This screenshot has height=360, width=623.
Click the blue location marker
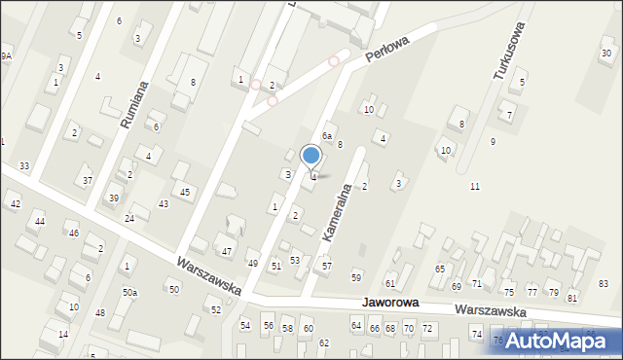(x=311, y=155)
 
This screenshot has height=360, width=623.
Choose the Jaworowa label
(x=390, y=304)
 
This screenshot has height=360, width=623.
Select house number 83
(x=604, y=283)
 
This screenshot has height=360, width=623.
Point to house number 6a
(x=328, y=136)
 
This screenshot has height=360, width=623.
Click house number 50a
(x=129, y=292)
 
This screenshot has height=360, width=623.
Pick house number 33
(x=24, y=166)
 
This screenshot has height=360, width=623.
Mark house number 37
(x=87, y=181)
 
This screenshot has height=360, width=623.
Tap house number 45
(x=185, y=192)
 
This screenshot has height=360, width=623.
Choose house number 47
(x=227, y=252)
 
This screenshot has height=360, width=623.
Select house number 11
(x=475, y=186)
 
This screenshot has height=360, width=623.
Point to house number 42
(x=15, y=204)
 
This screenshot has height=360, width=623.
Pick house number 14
(x=63, y=335)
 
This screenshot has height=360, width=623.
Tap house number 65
(x=440, y=269)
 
